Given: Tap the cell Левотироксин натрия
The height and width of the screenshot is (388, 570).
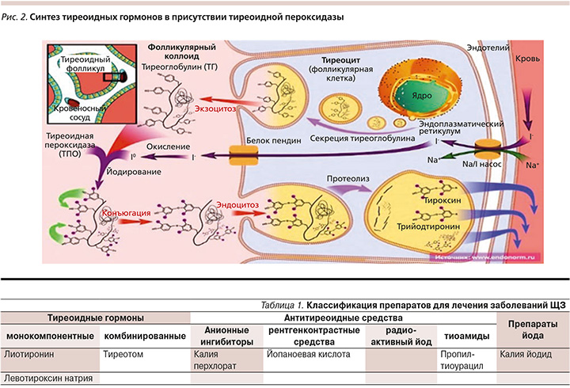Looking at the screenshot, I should (47, 378).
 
